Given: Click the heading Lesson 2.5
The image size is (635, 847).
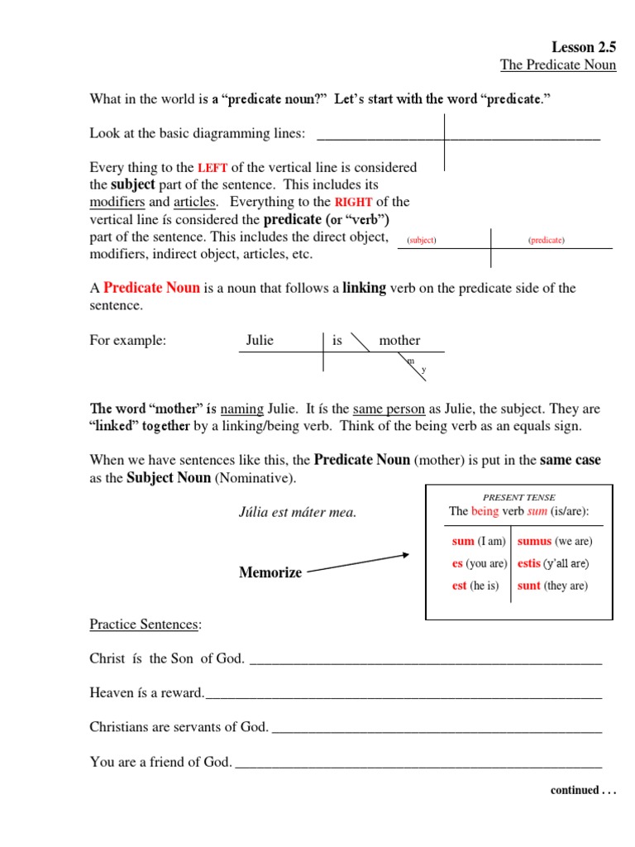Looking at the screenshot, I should (x=583, y=47).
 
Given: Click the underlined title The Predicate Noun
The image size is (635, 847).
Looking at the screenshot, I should (x=558, y=65).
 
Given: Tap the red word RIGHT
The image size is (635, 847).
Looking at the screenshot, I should (x=353, y=203).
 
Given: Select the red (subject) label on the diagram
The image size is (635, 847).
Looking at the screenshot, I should (x=422, y=240).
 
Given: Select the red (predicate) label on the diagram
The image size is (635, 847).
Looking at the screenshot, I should (x=546, y=240).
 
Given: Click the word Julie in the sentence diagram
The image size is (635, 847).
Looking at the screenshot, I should (x=260, y=340).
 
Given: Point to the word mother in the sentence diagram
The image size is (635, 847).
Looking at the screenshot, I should (x=399, y=340).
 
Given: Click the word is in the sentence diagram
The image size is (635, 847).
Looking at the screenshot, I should (x=337, y=340).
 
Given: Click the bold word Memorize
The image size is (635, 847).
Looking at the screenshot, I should (x=270, y=572).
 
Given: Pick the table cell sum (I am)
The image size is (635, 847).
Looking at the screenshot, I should (x=478, y=542).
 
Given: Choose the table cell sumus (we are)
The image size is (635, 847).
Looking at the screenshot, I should (x=555, y=542).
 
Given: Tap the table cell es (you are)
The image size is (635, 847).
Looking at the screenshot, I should (x=479, y=563).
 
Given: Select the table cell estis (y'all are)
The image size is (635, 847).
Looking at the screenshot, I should (x=553, y=563).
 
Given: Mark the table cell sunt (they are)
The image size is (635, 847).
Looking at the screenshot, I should (x=552, y=586).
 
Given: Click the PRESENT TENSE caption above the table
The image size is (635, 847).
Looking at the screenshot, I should (x=518, y=497).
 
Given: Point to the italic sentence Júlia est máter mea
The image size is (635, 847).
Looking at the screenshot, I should (x=297, y=512).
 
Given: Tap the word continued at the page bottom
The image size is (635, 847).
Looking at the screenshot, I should (x=575, y=790).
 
